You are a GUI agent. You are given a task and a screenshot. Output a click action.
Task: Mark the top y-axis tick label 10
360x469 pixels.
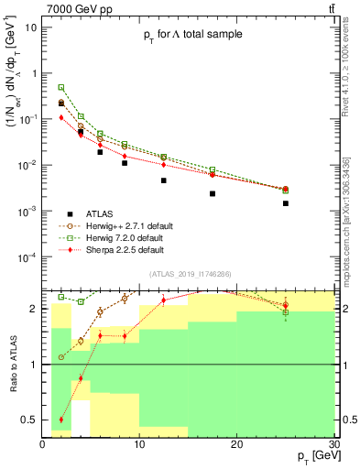click(32, 27)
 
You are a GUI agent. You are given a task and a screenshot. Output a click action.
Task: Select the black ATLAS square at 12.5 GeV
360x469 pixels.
click(163, 180)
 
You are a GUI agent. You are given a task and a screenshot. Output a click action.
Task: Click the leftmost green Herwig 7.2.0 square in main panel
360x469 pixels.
click(61, 87)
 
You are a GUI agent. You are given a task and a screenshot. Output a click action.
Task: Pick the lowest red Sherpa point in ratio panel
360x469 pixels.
click(61, 420)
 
